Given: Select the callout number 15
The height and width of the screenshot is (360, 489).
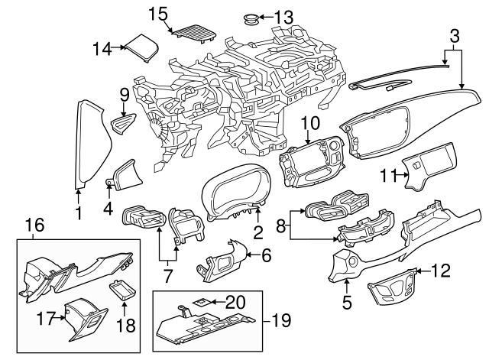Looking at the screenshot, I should [157, 13].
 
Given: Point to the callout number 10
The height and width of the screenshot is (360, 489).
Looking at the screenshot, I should [309, 122].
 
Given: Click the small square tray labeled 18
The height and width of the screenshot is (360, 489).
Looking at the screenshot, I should [122, 290].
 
